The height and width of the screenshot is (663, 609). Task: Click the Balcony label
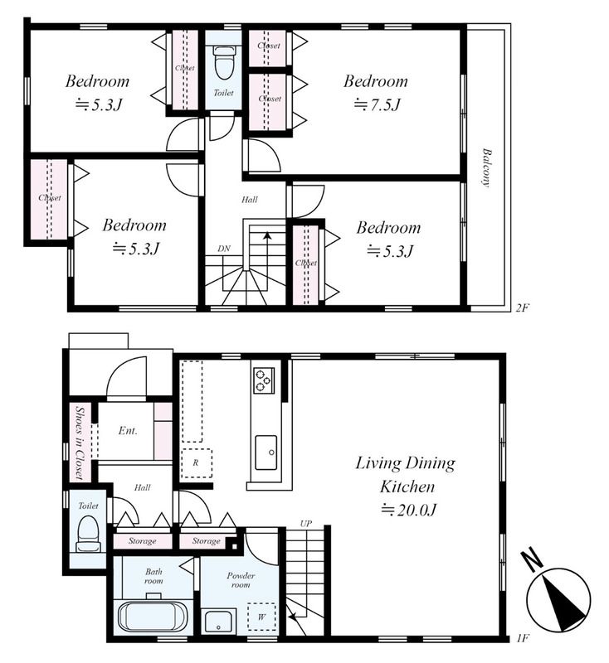(486, 167)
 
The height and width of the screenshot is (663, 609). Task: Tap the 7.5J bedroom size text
(377, 104)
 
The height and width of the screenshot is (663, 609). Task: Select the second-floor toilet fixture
(223, 62)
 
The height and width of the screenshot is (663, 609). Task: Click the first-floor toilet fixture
(89, 534)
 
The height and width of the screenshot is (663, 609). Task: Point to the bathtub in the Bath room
(153, 617)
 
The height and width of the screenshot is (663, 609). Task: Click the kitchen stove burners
(264, 380)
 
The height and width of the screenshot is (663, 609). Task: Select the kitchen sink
(266, 452)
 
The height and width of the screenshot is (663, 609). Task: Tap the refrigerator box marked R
(197, 463)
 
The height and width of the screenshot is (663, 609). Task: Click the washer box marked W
(261, 617)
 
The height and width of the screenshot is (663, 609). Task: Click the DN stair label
(224, 249)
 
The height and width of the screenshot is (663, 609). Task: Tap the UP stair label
(305, 524)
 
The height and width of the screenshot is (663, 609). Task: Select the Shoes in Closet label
(79, 443)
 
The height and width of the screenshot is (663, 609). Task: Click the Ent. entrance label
(128, 431)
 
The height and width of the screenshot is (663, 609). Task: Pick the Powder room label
(241, 580)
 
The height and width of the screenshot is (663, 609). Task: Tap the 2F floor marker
(522, 307)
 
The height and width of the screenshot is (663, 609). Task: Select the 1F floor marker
(523, 638)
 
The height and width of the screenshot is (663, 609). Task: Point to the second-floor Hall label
(249, 200)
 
